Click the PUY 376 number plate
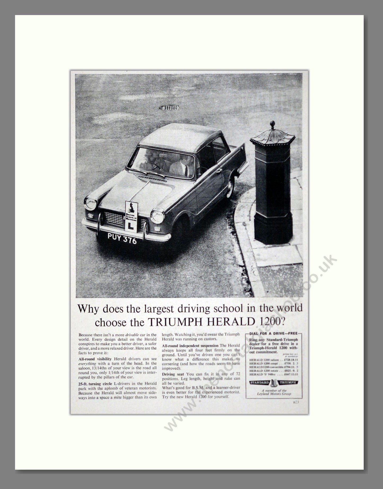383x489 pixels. coord(122,239)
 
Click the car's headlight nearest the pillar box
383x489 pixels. coord(157,217)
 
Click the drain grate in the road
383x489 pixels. coord(169,107)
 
